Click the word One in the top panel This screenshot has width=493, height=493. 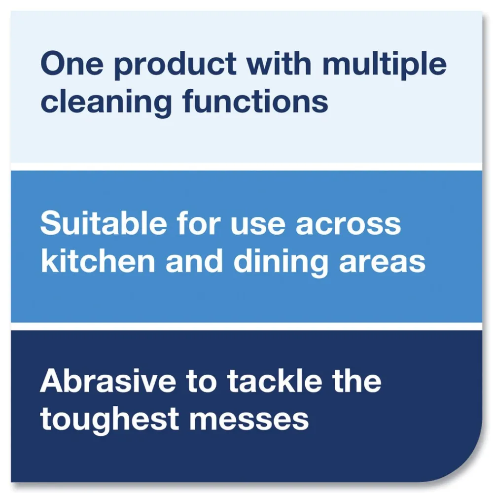[x=72, y=64]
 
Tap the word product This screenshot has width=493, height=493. [x=175, y=66]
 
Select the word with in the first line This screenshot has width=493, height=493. [x=279, y=63]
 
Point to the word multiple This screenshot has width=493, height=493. [x=385, y=66]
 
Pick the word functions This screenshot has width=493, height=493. [x=255, y=100]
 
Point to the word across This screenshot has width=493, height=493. [x=349, y=226]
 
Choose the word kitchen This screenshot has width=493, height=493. [x=98, y=260]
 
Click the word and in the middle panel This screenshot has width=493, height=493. [x=194, y=260]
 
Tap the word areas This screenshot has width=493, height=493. [x=383, y=263]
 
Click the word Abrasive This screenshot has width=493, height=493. [x=108, y=381]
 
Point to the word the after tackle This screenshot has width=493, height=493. [x=357, y=381]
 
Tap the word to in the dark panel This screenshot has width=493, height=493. [x=202, y=383]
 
